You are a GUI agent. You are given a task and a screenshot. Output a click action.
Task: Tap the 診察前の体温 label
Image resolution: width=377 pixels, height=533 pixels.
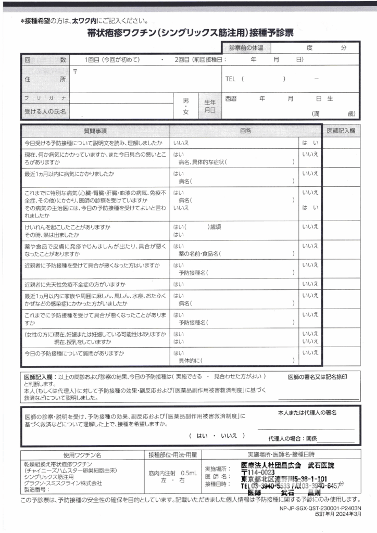coord(246,48)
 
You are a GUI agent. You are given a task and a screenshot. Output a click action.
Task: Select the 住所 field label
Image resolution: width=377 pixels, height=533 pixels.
coord(45,79)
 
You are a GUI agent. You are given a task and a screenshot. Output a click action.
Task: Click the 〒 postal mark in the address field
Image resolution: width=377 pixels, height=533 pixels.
coord(76,71)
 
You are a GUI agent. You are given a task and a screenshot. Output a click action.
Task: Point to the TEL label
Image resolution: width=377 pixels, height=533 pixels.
coord(231,79)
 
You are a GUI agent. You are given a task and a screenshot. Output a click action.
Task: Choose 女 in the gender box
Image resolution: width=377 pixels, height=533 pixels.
coord(186,112)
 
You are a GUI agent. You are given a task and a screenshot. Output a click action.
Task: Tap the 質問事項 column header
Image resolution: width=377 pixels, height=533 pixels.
coord(95,131)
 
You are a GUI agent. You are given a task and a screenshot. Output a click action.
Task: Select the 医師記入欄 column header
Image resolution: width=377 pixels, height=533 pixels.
coord(341,131)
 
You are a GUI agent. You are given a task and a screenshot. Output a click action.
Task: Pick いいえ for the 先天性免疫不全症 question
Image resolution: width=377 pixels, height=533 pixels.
coord(310,284)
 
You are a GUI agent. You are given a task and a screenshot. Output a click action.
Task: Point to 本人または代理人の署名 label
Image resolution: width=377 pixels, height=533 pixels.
coord(307,412)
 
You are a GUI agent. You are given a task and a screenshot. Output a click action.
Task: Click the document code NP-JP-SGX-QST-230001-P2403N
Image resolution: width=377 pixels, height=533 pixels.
coord(320,508)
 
